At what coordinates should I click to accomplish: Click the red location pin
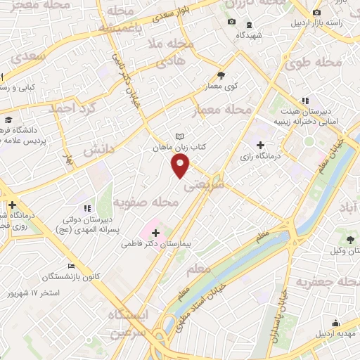[181, 166]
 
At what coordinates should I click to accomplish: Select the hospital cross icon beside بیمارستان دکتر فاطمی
[155, 231]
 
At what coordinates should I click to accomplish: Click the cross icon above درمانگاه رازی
[261, 144]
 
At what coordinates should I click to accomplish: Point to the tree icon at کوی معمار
[221, 75]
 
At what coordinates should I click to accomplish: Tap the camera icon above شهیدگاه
[231, 22]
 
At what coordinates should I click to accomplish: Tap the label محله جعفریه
[326, 283]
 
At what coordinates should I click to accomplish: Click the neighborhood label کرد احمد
[71, 110]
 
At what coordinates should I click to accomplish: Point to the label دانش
[98, 150]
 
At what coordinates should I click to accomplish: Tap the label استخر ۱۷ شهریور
[56, 291]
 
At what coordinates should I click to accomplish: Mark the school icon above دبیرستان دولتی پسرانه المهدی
[87, 208]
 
